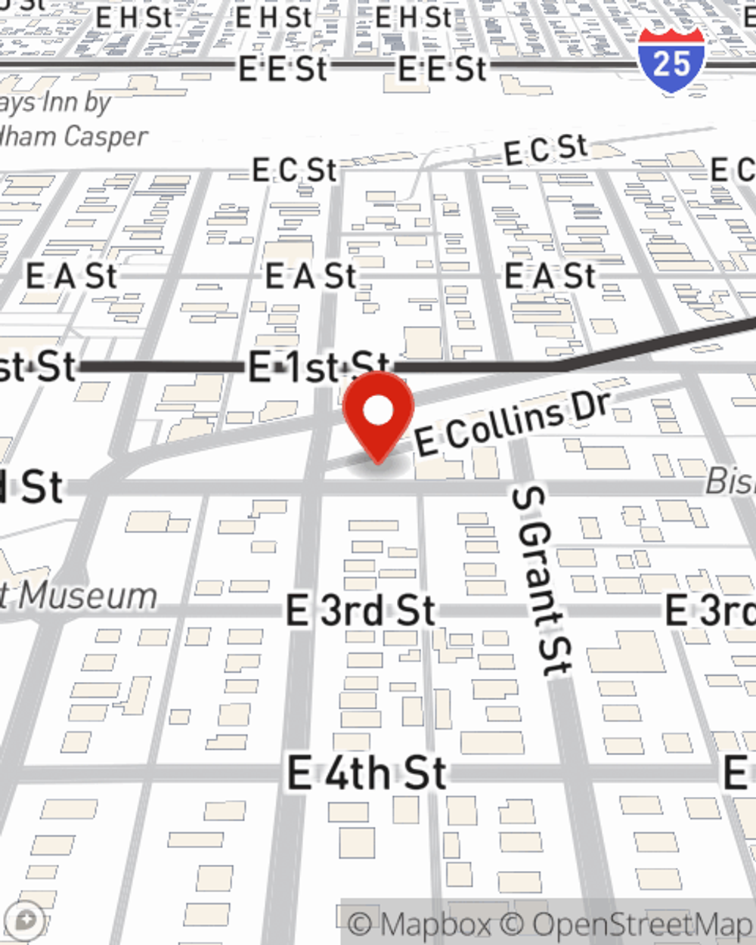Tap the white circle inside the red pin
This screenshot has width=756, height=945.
[378, 411]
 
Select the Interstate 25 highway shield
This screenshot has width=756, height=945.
[671, 60]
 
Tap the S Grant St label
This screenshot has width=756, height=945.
[542, 581]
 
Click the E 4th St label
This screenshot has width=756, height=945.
[367, 773]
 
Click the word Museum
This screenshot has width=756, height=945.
[88, 596]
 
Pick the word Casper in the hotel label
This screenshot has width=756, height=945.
[106, 137]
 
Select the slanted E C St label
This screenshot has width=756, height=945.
[545, 150]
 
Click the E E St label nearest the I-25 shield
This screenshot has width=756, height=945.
[442, 69]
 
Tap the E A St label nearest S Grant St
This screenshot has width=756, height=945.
[550, 276]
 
